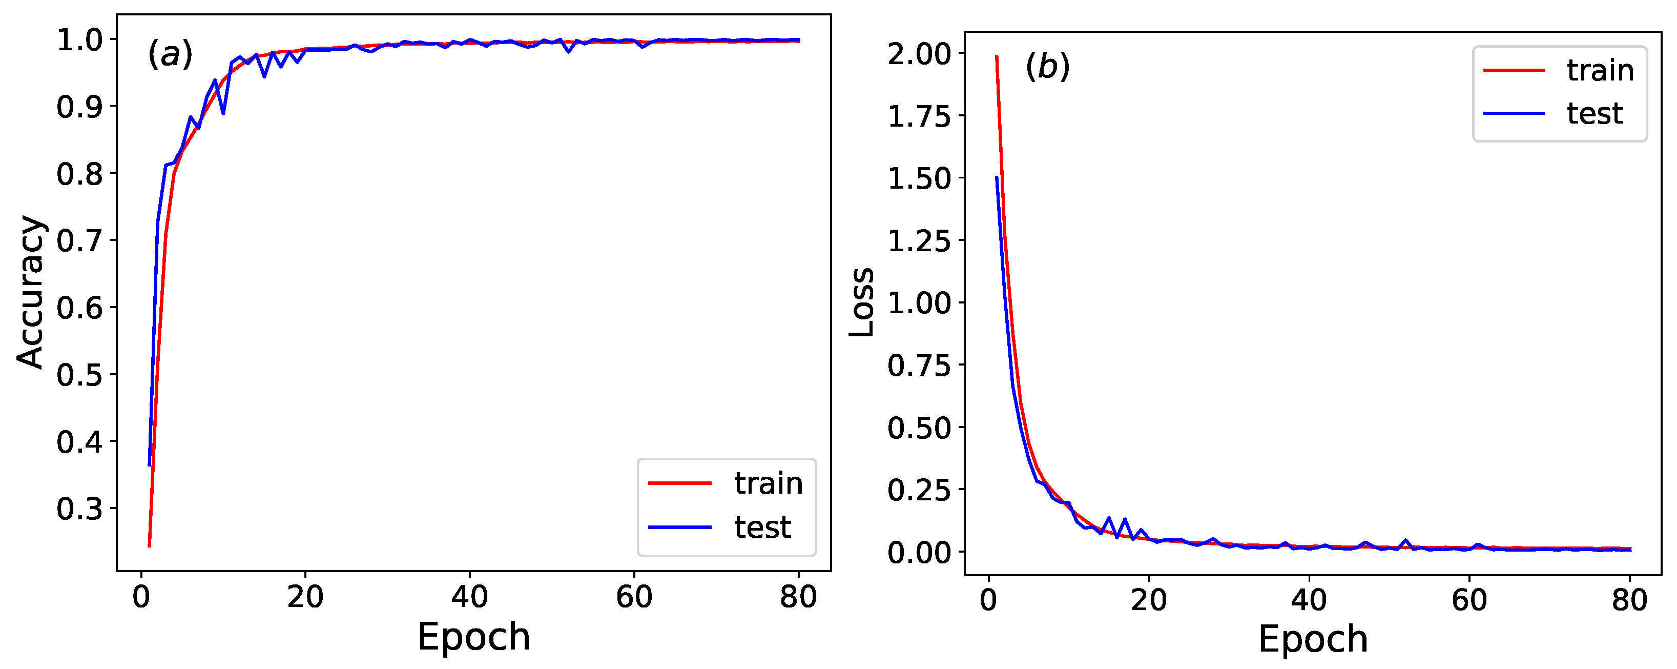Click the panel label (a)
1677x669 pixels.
point(171,53)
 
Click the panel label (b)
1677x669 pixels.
point(1047,67)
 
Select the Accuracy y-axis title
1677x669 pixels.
point(31,293)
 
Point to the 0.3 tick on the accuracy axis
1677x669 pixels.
point(79,509)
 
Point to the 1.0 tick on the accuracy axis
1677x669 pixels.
point(79,40)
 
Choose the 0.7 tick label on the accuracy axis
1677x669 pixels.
point(79,241)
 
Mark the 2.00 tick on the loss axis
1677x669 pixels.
point(919,53)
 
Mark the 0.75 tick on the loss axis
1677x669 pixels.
point(919,366)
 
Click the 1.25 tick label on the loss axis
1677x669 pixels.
point(919,241)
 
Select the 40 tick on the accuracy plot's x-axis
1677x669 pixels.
point(469,597)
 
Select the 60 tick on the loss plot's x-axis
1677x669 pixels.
point(1469,599)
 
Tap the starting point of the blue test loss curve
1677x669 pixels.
point(996,178)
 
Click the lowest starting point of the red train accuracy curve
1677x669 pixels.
point(149,546)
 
